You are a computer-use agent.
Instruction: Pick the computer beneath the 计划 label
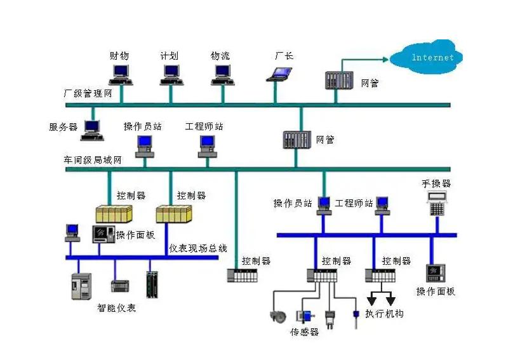(170, 74)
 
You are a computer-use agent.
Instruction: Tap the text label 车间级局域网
(92, 160)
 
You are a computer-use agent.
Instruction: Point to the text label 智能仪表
(116, 308)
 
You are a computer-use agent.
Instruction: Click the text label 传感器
(304, 332)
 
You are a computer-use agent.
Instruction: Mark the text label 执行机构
(385, 314)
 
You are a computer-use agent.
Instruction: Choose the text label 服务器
(63, 127)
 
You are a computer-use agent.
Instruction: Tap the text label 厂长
(283, 56)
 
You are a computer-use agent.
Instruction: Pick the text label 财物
(119, 56)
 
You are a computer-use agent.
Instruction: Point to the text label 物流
(220, 56)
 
